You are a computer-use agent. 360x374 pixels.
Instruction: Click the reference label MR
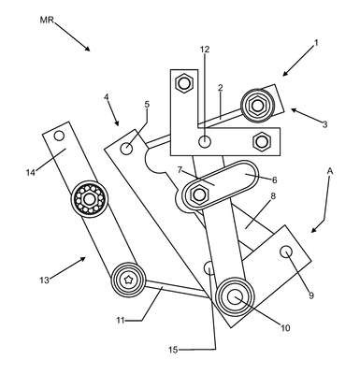[47, 20]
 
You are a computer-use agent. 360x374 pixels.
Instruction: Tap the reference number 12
[205, 50]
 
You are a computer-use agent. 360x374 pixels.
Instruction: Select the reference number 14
[31, 172]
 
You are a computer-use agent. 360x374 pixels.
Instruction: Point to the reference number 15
[173, 350]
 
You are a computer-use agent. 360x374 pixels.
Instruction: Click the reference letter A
[330, 171]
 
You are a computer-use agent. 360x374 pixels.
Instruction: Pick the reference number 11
[121, 320]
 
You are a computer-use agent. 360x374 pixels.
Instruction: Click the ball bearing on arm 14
[90, 198]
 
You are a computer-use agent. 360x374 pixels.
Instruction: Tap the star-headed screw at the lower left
[128, 280]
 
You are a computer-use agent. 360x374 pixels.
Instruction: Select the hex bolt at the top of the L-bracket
[184, 83]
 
